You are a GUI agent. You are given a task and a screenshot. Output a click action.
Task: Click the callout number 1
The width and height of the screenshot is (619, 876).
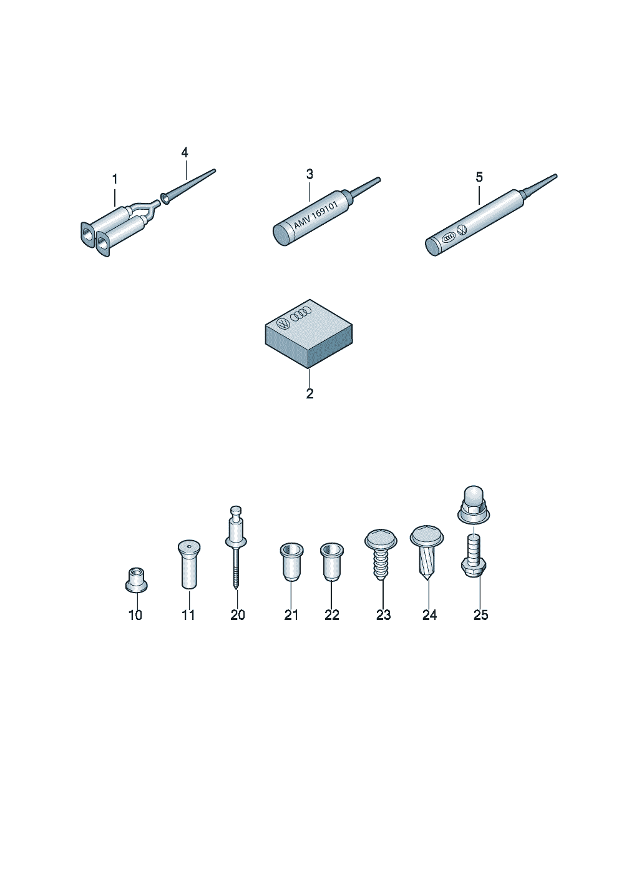pos(114,179)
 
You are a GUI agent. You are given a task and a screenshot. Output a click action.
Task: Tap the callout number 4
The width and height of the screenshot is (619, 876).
pos(185,152)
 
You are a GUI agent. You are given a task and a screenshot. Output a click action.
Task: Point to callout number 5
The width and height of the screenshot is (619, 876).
pos(479,177)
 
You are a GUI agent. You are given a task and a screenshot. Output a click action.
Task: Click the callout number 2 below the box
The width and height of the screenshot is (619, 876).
pos(310,394)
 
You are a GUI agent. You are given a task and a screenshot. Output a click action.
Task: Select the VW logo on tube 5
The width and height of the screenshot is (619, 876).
pos(462,230)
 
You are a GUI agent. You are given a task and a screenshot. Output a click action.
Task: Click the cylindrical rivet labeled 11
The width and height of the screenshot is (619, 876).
pos(189,564)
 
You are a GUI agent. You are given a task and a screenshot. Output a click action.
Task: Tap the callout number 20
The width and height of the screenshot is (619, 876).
pos(238,615)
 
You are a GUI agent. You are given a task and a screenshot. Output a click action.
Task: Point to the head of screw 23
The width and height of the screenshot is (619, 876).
pos(381,538)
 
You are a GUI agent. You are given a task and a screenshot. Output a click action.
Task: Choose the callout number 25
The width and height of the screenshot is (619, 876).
pos(481,615)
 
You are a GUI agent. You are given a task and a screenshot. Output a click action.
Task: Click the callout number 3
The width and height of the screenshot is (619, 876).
pos(310,174)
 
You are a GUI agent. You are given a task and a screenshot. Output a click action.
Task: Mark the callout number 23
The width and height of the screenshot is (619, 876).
pos(383,615)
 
